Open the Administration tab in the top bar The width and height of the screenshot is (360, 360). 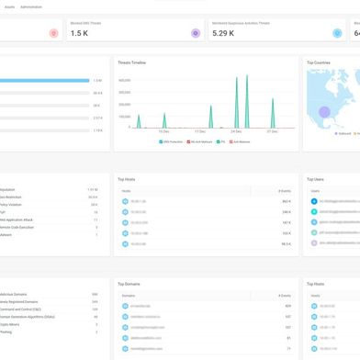point(32,6)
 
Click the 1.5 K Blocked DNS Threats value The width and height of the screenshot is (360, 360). point(79,33)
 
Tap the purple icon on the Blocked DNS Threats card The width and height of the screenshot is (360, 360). point(195,33)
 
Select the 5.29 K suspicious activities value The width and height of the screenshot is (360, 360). point(223,33)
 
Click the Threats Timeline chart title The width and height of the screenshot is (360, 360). point(132,63)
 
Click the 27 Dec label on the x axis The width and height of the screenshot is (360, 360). point(272,132)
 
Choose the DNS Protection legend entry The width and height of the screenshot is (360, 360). point(173,142)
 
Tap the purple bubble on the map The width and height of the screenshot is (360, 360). point(323,113)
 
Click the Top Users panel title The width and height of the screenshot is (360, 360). point(316,179)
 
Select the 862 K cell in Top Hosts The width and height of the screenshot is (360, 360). point(286,200)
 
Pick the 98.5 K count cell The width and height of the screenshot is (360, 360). point(286,244)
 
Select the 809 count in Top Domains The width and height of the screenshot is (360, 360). point(287,305)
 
